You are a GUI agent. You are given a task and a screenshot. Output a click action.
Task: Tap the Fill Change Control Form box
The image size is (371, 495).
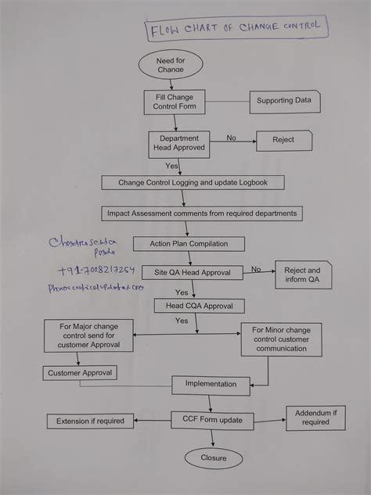point(174,102)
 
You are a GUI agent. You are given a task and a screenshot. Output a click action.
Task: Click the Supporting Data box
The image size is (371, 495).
point(285,101)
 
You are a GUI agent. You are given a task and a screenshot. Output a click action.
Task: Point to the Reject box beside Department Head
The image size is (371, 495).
point(283,140)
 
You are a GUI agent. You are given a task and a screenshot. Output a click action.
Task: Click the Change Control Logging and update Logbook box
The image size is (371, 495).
point(193,182)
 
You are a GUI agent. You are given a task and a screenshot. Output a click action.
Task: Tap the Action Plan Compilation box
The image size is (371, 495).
point(189,244)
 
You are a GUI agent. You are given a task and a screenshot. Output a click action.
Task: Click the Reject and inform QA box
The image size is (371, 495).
point(302,275)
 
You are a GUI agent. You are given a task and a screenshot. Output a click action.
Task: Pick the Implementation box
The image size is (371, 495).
point(211,384)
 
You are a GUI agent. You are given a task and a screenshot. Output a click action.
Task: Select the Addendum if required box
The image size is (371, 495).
point(315,418)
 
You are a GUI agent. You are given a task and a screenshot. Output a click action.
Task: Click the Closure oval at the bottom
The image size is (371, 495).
point(212,458)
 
